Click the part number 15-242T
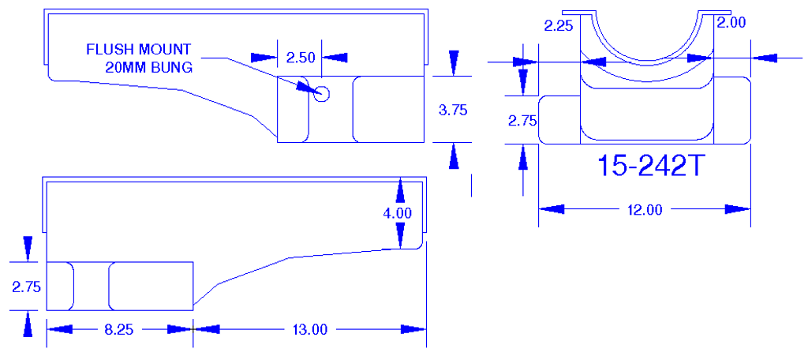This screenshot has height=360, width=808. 649,166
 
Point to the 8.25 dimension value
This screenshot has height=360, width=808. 119,329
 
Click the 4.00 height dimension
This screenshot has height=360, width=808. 398,212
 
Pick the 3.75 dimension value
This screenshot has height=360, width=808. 453,111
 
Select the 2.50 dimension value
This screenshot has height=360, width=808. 301,58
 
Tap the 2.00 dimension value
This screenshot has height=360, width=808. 731,24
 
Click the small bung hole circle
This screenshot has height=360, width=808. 321,92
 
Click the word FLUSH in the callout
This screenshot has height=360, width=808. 107,50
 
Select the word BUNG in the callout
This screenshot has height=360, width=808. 173,67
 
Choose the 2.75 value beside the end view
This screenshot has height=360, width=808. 522,121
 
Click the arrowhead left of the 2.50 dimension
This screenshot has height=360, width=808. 264,58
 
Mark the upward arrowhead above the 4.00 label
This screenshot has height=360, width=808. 401,189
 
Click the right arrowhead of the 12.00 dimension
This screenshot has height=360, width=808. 738,209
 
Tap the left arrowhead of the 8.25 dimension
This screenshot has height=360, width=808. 59,329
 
